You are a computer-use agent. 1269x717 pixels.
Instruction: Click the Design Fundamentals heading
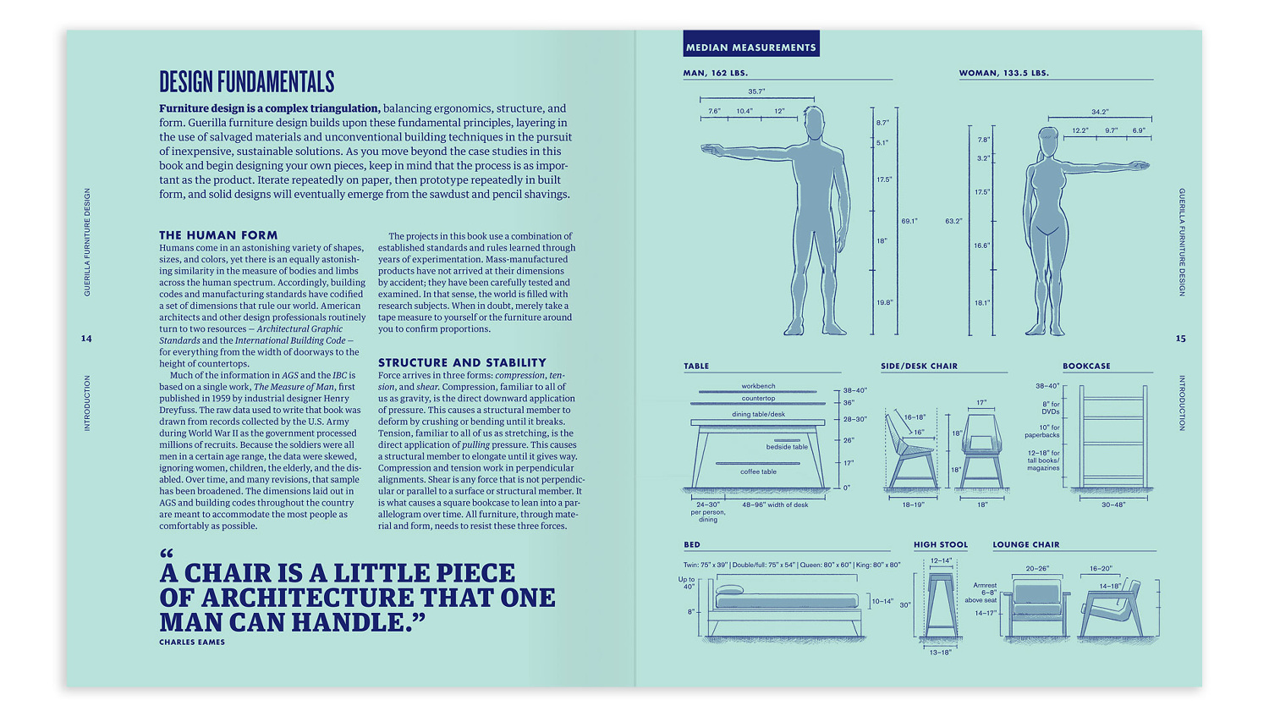coord(246,82)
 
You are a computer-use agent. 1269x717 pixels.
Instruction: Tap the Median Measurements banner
coord(750,47)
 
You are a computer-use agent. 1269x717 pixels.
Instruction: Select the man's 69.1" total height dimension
coord(909,221)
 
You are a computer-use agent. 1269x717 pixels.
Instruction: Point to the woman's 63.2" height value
coord(953,221)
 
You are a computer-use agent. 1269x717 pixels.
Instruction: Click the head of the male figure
coord(814,123)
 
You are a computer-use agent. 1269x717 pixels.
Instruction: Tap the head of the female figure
coord(1048,143)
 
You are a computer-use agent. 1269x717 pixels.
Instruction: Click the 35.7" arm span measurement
coord(756,91)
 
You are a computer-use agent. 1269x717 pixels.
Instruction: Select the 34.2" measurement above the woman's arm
coord(1099,112)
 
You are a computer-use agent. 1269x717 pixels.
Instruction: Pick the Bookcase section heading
coord(1086,367)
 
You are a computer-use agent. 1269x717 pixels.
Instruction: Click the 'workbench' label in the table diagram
coord(758,386)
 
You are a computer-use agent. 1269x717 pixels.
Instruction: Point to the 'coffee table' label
coord(758,472)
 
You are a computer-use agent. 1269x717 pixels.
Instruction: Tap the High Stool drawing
coord(941,604)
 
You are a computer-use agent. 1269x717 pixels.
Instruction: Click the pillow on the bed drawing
coord(729,590)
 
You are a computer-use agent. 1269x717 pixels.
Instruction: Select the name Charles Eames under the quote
coord(192,643)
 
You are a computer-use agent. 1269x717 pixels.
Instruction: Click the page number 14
coord(86,339)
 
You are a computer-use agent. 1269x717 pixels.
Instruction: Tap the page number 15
coord(1180,339)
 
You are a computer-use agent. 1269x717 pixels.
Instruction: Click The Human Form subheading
coord(218,235)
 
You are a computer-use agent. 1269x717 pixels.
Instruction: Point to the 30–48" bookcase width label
coord(1112,505)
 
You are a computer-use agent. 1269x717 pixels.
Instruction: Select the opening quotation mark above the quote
coord(167,554)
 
